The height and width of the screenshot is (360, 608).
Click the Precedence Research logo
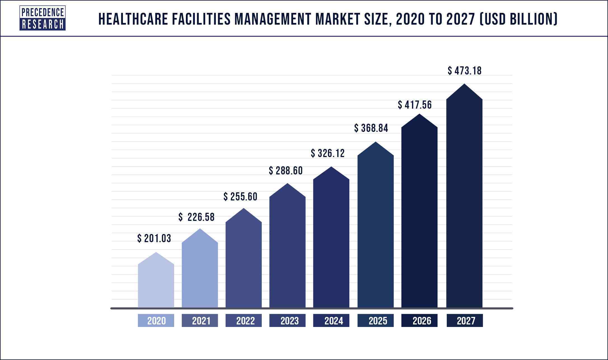click(x=42, y=18)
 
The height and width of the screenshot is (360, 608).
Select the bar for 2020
click(x=156, y=283)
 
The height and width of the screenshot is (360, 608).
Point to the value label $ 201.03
click(x=154, y=239)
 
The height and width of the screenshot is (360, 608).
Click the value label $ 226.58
click(x=197, y=217)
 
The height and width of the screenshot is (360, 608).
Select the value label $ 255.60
click(x=240, y=197)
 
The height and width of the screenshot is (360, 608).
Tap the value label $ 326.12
click(x=328, y=153)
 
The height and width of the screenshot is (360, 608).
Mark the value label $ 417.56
click(x=415, y=105)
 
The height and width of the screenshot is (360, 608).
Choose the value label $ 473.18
click(x=465, y=71)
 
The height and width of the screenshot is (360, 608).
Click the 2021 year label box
click(x=200, y=321)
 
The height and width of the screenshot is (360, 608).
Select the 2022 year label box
click(x=244, y=321)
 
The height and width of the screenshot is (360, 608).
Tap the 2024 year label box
click(x=331, y=321)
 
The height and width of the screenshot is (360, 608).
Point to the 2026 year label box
click(x=419, y=321)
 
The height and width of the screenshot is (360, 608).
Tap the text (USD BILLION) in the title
click(x=518, y=19)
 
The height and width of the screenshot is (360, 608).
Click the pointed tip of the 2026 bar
click(x=419, y=115)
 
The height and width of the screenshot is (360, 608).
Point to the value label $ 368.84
click(x=371, y=128)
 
